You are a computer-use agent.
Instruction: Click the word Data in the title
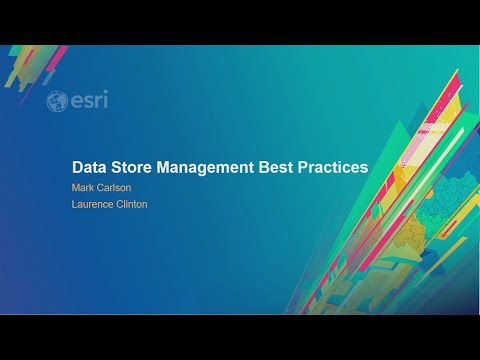tap(90, 167)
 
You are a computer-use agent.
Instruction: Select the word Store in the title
tap(133, 167)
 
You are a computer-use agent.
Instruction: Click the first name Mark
tap(83, 186)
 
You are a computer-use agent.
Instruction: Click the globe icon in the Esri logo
tap(57, 101)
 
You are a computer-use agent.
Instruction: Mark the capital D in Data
tap(77, 167)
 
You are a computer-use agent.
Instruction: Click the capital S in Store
tap(117, 167)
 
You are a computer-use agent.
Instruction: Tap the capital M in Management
tap(163, 167)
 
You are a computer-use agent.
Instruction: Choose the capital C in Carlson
tap(101, 186)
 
